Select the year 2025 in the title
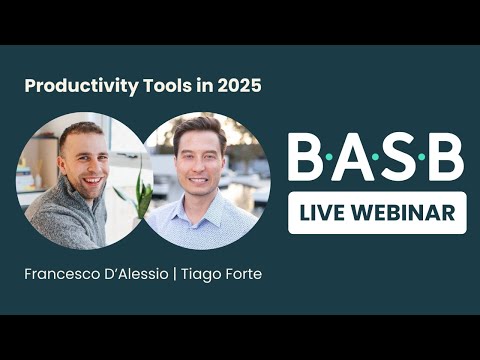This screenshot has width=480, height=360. click(237, 86)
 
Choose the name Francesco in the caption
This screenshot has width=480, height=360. click(59, 273)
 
